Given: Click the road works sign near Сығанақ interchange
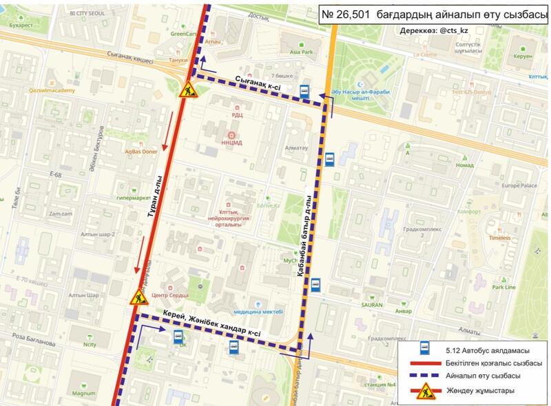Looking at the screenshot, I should [187, 90].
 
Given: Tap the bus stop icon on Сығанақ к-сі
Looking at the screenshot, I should [304, 91].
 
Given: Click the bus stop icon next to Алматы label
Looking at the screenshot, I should [330, 159].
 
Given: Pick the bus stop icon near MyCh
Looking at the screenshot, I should [315, 285].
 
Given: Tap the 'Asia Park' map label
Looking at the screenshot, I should [300, 52].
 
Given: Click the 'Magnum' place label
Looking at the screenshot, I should [83, 394].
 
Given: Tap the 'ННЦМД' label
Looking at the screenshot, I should [232, 143].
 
